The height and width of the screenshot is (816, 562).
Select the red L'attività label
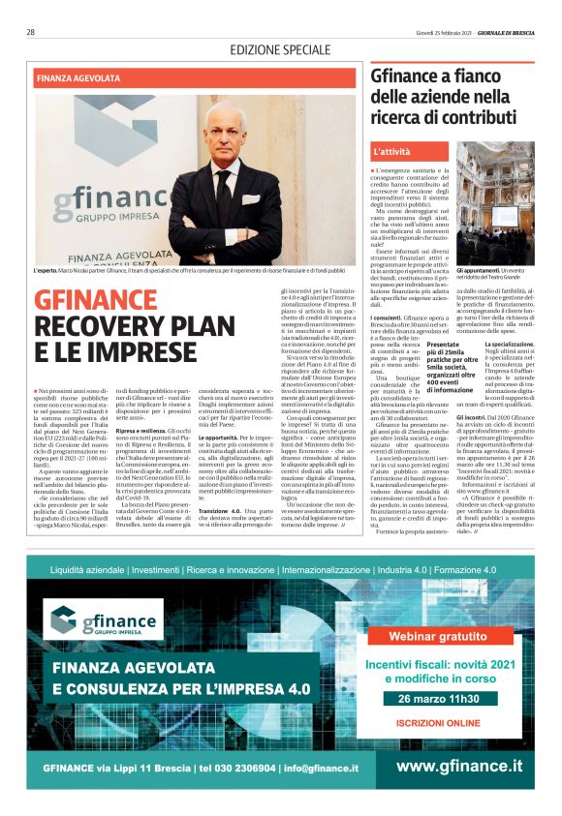point(391,152)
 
